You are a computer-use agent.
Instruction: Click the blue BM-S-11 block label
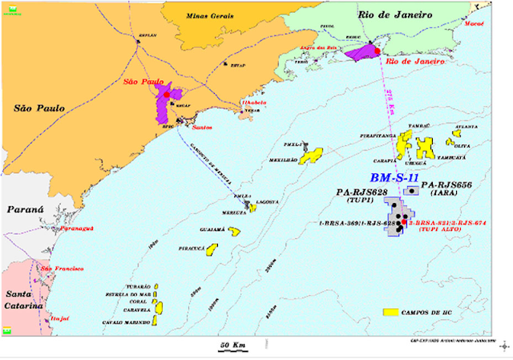point(394,177)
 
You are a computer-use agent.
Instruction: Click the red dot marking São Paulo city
point(167,95)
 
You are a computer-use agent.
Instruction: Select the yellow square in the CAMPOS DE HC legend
point(392,310)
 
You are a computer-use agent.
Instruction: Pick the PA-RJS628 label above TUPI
point(362,193)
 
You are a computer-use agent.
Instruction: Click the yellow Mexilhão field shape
point(311,153)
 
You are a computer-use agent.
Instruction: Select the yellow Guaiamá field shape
point(234,232)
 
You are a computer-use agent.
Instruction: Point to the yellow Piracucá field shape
point(212,249)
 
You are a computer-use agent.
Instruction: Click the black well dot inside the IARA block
point(412,191)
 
